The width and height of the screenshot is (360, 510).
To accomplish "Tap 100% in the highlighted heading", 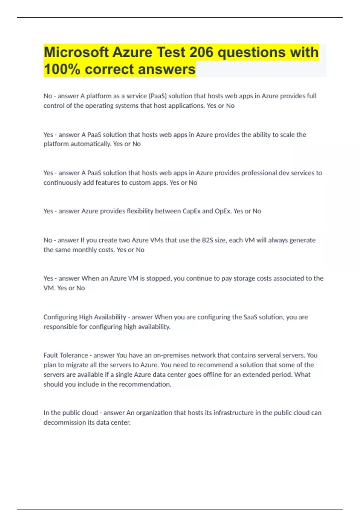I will point(62,69).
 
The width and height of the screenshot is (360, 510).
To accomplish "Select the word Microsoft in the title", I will point(76,52).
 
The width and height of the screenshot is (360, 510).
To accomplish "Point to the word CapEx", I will point(191,211).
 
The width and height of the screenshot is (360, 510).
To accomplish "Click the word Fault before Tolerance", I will point(51,355).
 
